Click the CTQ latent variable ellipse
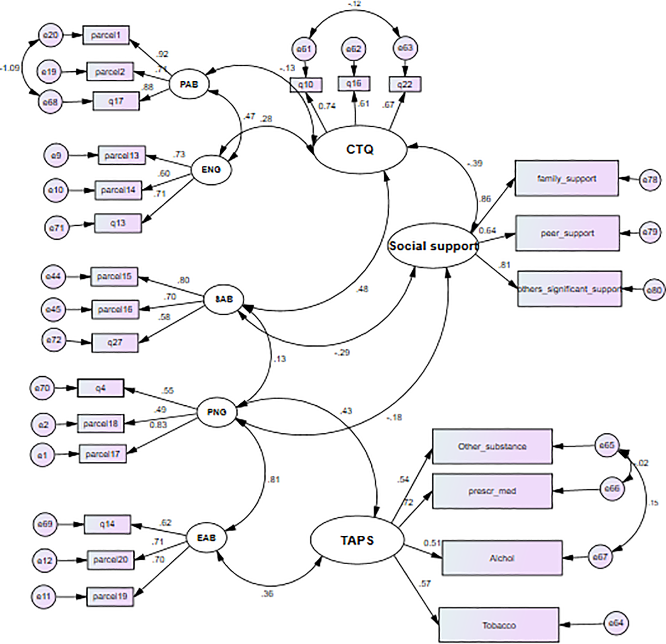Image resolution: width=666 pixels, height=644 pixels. pos(360,150)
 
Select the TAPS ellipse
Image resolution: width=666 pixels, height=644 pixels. pos(357,540)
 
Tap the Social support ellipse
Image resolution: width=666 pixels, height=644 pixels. pos(433,246)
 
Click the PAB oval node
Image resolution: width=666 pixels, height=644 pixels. pos(189,85)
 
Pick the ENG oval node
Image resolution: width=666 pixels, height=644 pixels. pos(211,169)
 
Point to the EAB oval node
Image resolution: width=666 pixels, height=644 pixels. pos(206,538)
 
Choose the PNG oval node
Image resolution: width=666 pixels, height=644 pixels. pos(217,412)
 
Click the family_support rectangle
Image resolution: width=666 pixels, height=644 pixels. pos(567,178)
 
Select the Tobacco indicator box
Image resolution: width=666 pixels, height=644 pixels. pos(498,625)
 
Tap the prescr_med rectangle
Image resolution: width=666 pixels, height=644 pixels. pos(492,491)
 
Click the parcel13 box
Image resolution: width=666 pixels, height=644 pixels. pos(122,155)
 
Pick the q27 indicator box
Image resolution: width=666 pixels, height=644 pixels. pos(115,343)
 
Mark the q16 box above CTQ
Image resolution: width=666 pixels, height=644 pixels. pos(354,83)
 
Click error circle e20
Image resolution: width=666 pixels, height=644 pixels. pos(50,35)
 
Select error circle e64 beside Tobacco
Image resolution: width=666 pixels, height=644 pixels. pos(616,623)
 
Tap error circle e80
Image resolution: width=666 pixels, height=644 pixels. pos(654,289)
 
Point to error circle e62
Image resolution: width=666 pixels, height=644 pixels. pos(354,49)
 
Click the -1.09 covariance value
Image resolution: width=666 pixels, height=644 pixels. pos(10,68)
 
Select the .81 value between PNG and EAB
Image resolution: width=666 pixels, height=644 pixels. pos(273,479)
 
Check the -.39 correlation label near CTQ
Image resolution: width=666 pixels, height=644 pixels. pos(475,163)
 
